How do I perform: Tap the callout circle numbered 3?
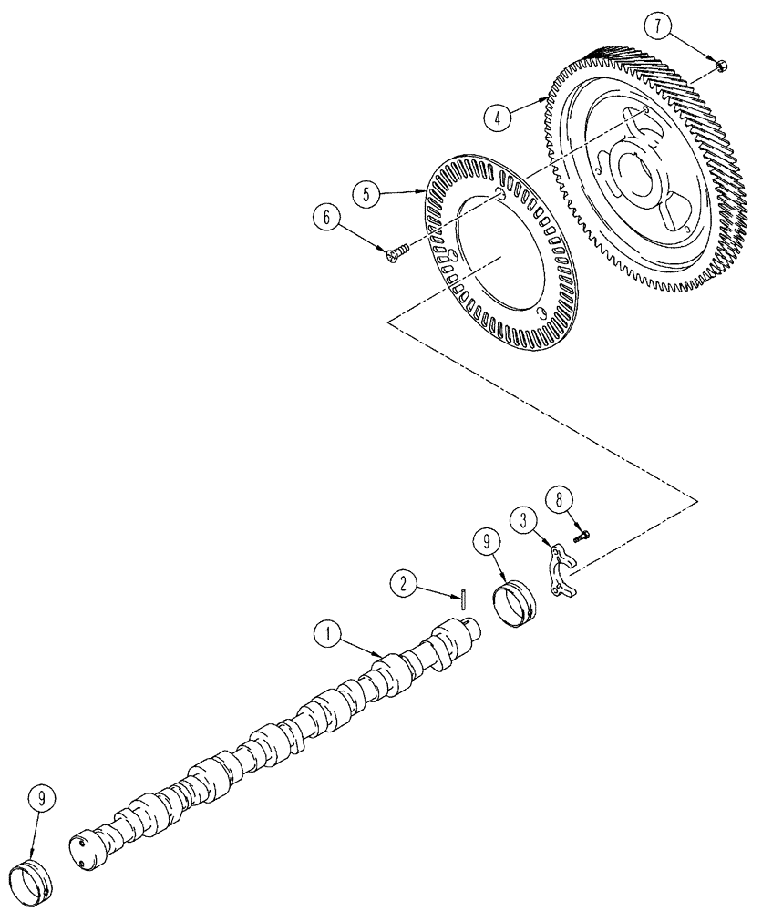point(522,521)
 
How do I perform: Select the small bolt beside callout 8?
point(581,536)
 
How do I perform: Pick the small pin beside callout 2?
point(463,598)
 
